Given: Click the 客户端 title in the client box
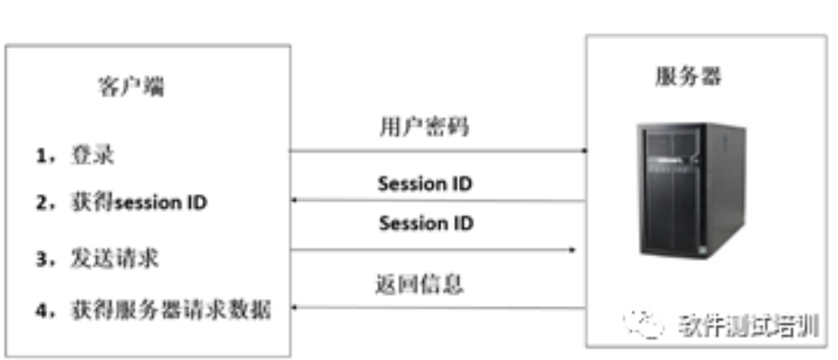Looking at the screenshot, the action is pos(131,86).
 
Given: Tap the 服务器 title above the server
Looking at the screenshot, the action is pos(688,76).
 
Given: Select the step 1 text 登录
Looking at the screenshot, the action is pos(93,155).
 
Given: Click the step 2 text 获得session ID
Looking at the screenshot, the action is pos(139,202).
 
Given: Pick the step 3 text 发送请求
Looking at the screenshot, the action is pos(115,259).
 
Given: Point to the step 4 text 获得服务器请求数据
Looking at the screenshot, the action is pos(171,310).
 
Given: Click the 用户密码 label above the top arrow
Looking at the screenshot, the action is pos(424,127).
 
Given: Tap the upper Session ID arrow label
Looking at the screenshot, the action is pos(425,184).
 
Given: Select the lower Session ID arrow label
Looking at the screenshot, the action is pos(426,223).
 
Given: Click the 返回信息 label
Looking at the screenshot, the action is pos(419,284).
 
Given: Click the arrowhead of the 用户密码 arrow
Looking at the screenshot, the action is pos(584,151).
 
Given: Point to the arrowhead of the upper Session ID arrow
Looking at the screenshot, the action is pos(293,200).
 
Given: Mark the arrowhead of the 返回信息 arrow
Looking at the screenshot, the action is pos(293,307).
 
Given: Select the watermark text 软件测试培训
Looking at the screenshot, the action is pos(748,325).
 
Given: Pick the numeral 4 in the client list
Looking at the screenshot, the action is pos(41,310).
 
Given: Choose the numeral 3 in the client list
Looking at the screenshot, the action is pos(41,259).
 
